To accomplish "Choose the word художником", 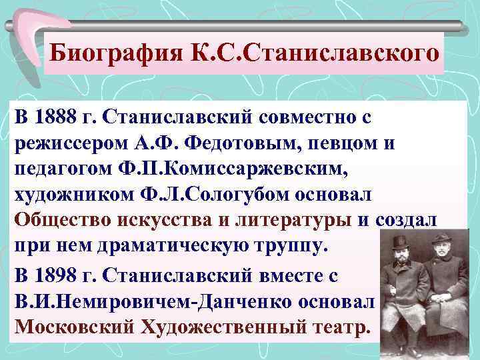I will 69,195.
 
